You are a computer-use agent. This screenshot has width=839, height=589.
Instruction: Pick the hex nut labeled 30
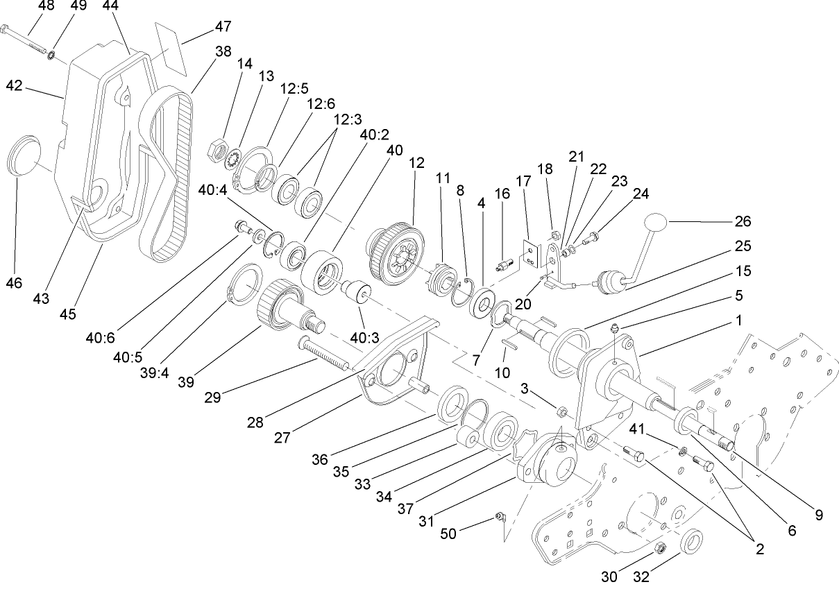click(660, 548)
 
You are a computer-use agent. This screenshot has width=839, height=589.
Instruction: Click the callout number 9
click(819, 515)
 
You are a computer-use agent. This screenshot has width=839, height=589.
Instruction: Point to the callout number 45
click(67, 314)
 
